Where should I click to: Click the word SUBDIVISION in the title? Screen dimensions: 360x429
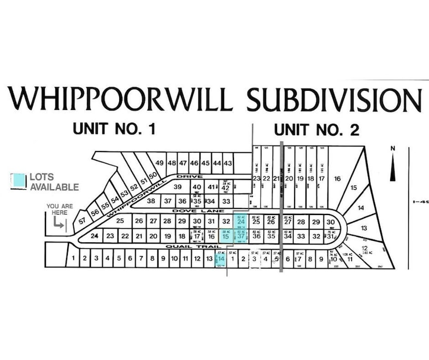pyautogui.click(x=334, y=100)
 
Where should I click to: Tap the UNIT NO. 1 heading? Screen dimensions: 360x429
pyautogui.click(x=114, y=130)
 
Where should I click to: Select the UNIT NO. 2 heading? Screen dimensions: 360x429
pyautogui.click(x=316, y=130)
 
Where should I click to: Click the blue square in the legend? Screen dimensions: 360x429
pyautogui.click(x=20, y=181)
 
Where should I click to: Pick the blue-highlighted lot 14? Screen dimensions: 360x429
pyautogui.click(x=221, y=258)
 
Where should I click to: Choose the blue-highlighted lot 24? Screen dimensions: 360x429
pyautogui.click(x=240, y=222)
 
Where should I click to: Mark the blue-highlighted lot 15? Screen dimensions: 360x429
pyautogui.click(x=226, y=236)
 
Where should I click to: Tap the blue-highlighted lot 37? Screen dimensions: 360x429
pyautogui.click(x=240, y=236)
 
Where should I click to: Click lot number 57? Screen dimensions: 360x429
pyautogui.click(x=83, y=222)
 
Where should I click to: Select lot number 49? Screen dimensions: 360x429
pyautogui.click(x=160, y=163)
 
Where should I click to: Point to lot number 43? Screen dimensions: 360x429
pyautogui.click(x=228, y=163)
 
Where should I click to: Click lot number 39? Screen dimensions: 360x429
pyautogui.click(x=178, y=187)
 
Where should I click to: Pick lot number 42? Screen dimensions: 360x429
pyautogui.click(x=225, y=187)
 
